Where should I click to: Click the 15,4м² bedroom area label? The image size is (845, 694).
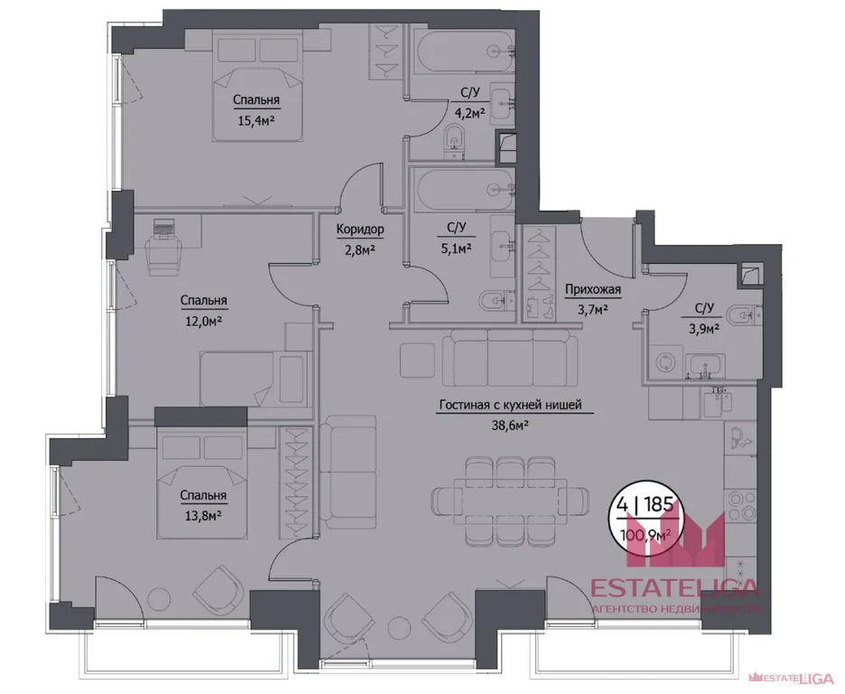point(255,117)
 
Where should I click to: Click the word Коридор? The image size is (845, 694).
point(359,230)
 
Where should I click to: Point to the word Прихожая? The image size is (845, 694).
point(592,290)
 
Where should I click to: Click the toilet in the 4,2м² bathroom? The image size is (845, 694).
point(455,136)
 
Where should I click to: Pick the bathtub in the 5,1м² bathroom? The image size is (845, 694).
point(460,191)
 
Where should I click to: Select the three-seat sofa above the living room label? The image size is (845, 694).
point(510,354)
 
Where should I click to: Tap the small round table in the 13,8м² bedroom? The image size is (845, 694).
point(159,597)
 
